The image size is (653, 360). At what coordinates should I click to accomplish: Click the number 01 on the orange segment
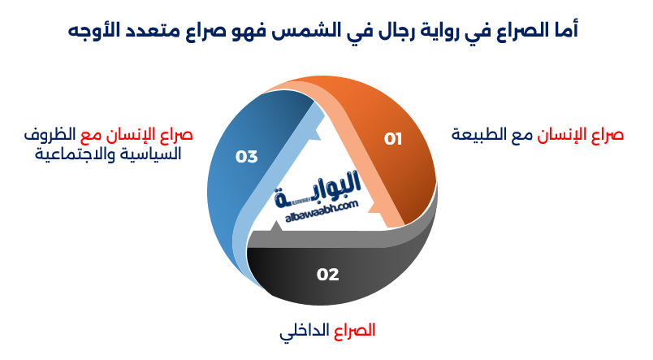tap(393, 139)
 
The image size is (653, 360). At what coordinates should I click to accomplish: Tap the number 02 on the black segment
tap(327, 275)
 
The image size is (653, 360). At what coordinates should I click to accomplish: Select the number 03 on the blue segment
tap(246, 157)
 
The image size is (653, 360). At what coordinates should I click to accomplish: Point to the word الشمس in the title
tap(318, 31)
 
